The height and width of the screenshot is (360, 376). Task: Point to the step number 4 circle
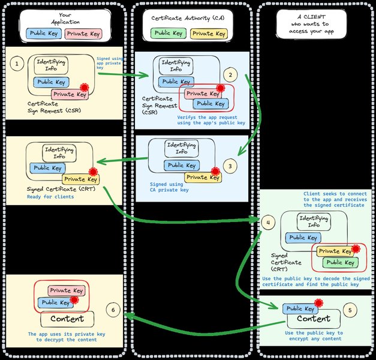(269, 223)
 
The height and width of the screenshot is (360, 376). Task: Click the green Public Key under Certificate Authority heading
(169, 34)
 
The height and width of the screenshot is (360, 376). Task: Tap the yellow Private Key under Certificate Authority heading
(205, 34)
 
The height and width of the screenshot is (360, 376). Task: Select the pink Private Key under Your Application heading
(83, 34)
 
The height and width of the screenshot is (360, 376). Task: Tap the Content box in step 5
(314, 319)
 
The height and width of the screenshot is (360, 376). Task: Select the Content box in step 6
(67, 319)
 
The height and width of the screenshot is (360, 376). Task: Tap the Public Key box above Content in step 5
(300, 309)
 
